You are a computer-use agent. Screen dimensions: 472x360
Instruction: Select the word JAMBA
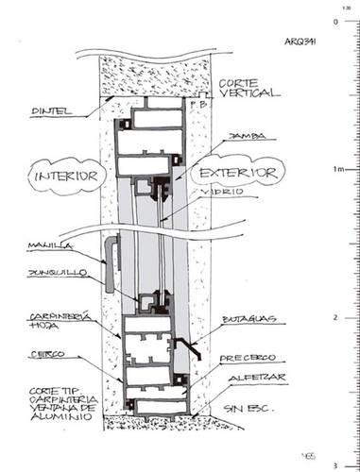pos(244,136)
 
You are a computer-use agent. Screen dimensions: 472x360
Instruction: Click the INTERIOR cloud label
pos(65,177)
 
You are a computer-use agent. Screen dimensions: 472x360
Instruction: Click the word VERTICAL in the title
pos(254,94)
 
